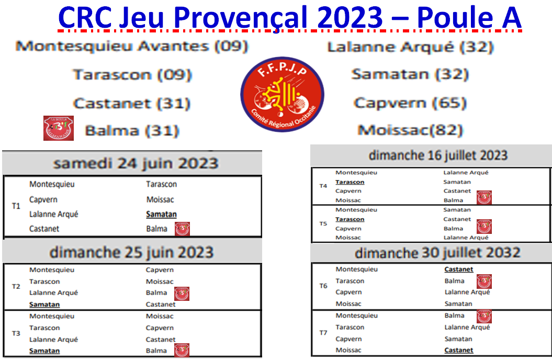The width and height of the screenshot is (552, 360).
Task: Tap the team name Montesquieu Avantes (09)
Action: point(132,46)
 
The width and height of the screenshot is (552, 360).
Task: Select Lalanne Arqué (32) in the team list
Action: point(411,47)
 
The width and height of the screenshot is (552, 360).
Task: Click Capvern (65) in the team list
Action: point(410,103)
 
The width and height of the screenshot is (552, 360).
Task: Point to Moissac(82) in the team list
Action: point(410,130)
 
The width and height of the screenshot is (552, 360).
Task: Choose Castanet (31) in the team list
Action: point(132,103)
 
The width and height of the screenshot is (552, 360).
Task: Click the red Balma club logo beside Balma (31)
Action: point(58,129)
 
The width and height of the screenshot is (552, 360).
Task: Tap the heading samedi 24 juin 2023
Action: point(136,163)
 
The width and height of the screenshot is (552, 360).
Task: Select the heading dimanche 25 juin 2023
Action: point(131,252)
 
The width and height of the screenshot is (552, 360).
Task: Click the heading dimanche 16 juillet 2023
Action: point(438,155)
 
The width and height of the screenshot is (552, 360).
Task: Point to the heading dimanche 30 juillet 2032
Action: point(437,253)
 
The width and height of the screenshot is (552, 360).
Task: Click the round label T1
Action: point(16,206)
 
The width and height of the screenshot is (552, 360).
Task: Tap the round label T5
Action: point(323,223)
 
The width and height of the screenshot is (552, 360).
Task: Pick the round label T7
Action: point(323,333)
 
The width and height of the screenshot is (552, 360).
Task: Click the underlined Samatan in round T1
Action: point(162,214)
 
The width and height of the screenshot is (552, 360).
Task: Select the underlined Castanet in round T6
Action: point(459,269)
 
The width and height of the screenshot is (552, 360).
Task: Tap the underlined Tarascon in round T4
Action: point(350,182)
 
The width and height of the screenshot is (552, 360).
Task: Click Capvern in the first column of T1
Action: point(43,199)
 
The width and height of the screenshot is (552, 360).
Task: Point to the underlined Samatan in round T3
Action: point(44,351)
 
